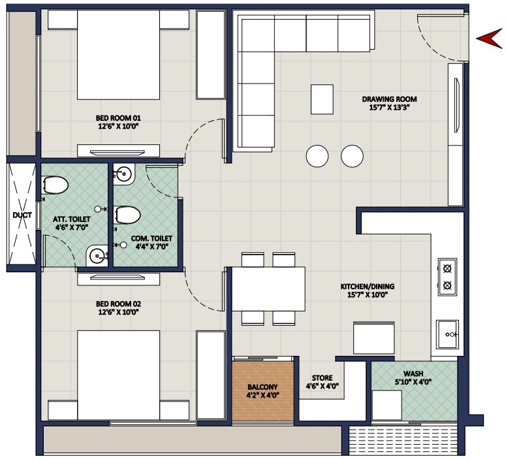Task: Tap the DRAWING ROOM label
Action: click(x=389, y=100)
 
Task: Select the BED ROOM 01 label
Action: click(x=118, y=119)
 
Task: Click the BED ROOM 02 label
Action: click(x=118, y=304)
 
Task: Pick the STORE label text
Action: click(x=323, y=378)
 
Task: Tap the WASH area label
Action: click(x=413, y=373)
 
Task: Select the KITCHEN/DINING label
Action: click(x=367, y=286)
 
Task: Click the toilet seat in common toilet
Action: click(x=127, y=215)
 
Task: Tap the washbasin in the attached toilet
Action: click(x=97, y=255)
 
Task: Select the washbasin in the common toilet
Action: click(x=124, y=174)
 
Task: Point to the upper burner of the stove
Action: click(x=448, y=267)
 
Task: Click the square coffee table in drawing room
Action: click(x=322, y=99)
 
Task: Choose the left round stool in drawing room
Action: click(x=318, y=156)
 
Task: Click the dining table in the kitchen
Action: click(x=268, y=289)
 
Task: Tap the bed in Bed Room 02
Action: click(x=119, y=372)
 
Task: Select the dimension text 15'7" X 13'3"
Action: click(x=389, y=109)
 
